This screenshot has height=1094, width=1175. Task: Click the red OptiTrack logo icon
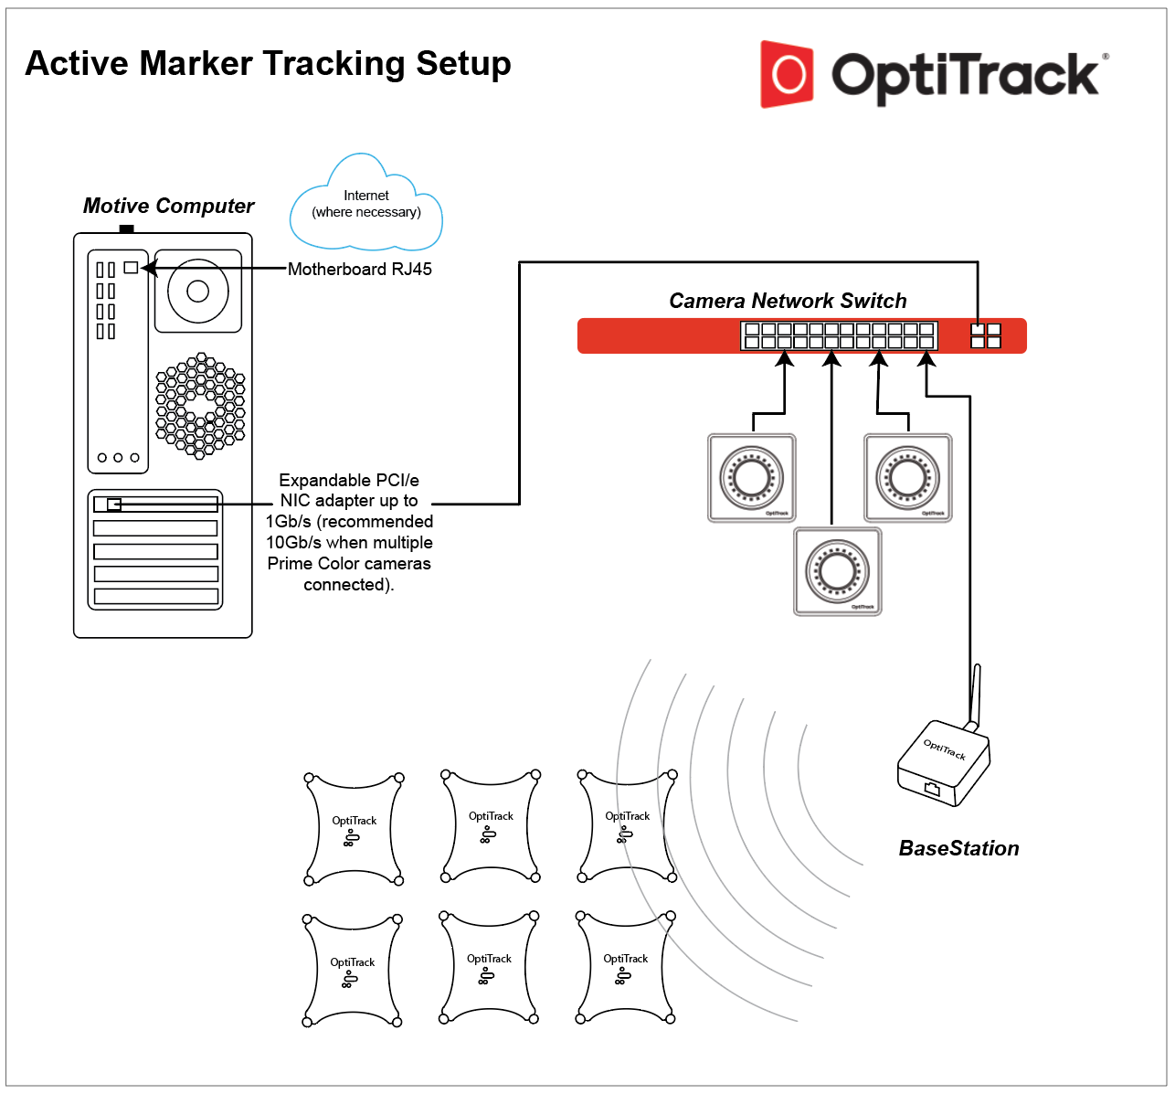(x=787, y=74)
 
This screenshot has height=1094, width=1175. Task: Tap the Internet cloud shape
(x=366, y=207)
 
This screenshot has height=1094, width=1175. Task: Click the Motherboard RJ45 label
(x=359, y=269)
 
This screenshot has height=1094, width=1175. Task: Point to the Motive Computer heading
(x=168, y=206)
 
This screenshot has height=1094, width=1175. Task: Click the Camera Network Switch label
(x=788, y=301)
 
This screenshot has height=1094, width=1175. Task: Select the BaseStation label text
(x=958, y=848)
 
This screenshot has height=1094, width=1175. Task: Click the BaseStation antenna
(x=974, y=695)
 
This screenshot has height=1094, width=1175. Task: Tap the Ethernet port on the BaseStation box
(x=932, y=788)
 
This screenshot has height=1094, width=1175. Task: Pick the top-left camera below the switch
(x=752, y=477)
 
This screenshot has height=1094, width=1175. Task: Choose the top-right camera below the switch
(x=908, y=477)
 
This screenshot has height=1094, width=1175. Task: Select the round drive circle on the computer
(x=197, y=291)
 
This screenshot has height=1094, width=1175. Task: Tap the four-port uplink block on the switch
(x=986, y=335)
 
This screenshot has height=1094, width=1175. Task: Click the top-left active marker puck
(x=354, y=829)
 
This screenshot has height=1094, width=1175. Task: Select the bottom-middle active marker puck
(x=489, y=967)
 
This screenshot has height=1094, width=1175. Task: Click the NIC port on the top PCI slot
(x=113, y=504)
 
